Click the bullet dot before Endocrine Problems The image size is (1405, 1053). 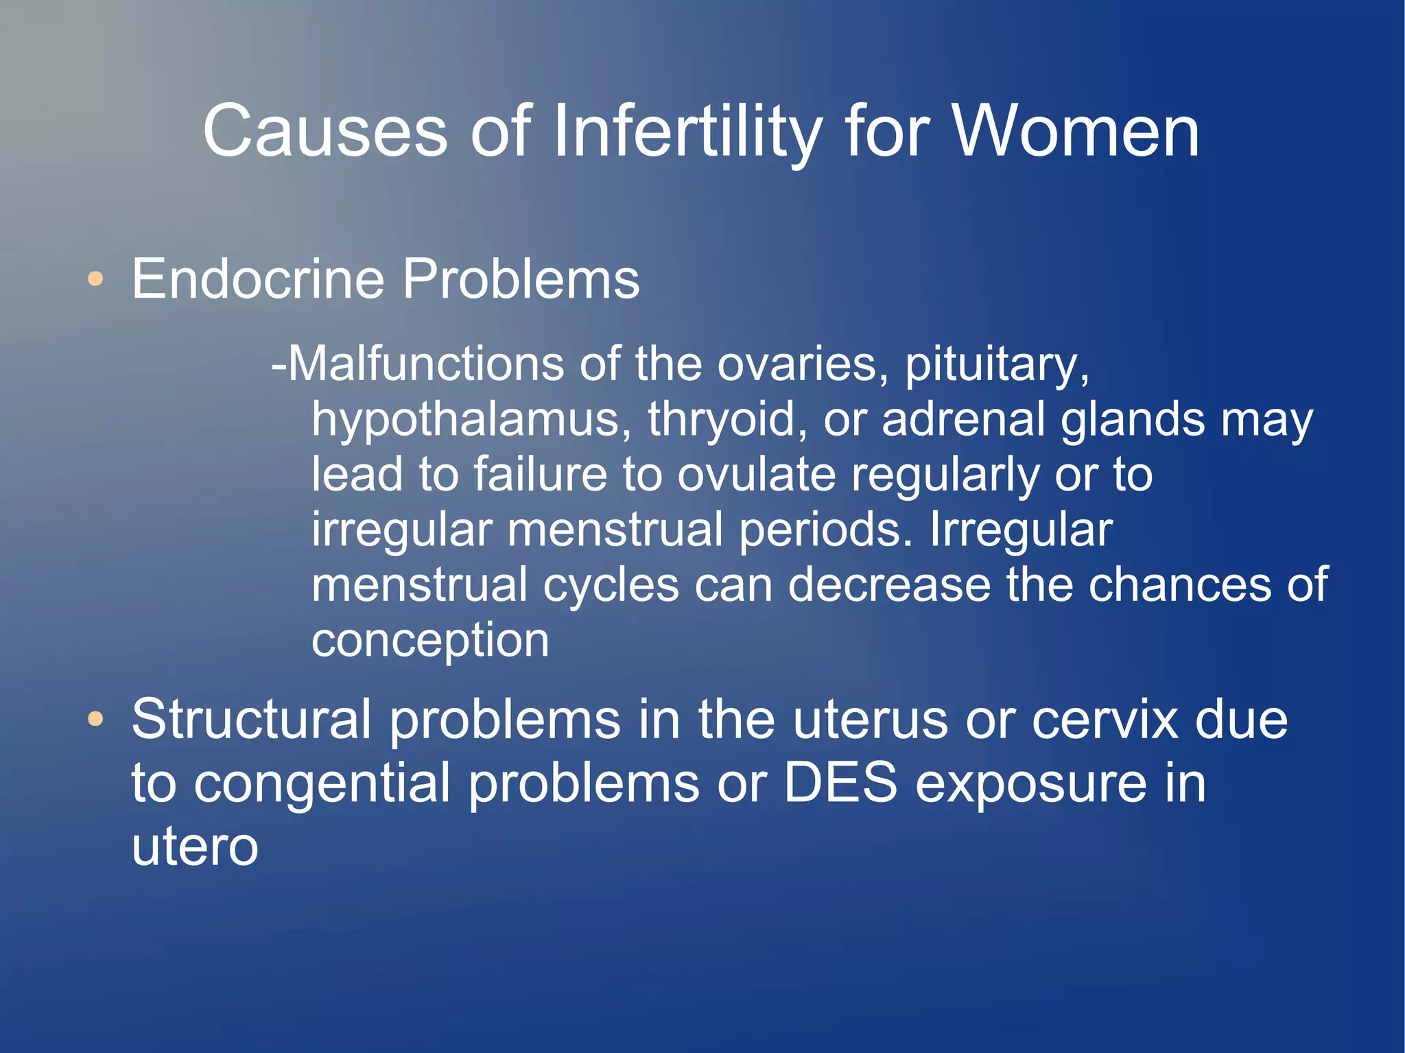click(x=96, y=279)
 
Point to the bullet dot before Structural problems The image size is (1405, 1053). click(x=96, y=720)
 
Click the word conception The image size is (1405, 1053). click(x=430, y=641)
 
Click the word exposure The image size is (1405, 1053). click(x=1031, y=783)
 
